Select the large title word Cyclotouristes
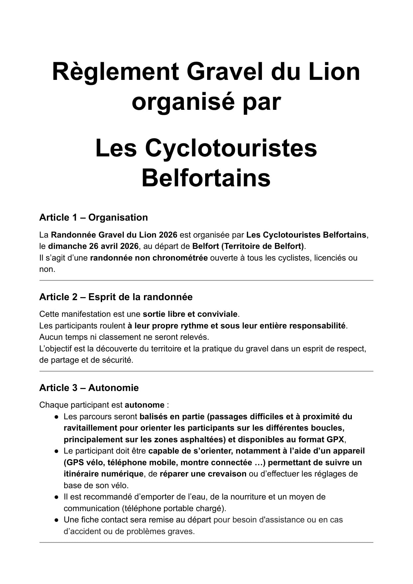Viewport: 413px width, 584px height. (231, 148)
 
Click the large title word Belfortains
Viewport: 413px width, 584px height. (206, 178)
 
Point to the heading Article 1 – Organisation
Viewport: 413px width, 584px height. (93, 217)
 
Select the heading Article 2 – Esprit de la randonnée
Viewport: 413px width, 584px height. (116, 297)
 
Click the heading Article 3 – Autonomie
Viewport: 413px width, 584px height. (89, 388)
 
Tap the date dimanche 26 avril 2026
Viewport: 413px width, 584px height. (93, 246)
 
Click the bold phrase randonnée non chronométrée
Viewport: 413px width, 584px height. (149, 258)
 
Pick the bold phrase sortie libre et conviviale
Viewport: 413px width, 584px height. (190, 314)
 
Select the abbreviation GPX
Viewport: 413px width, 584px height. (335, 440)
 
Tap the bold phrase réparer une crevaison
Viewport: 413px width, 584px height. (203, 474)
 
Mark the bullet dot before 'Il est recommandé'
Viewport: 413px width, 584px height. (57, 497)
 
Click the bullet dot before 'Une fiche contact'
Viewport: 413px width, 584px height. (57, 520)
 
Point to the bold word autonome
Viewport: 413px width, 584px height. (144, 405)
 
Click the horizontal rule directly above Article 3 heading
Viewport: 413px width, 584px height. (206, 371)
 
